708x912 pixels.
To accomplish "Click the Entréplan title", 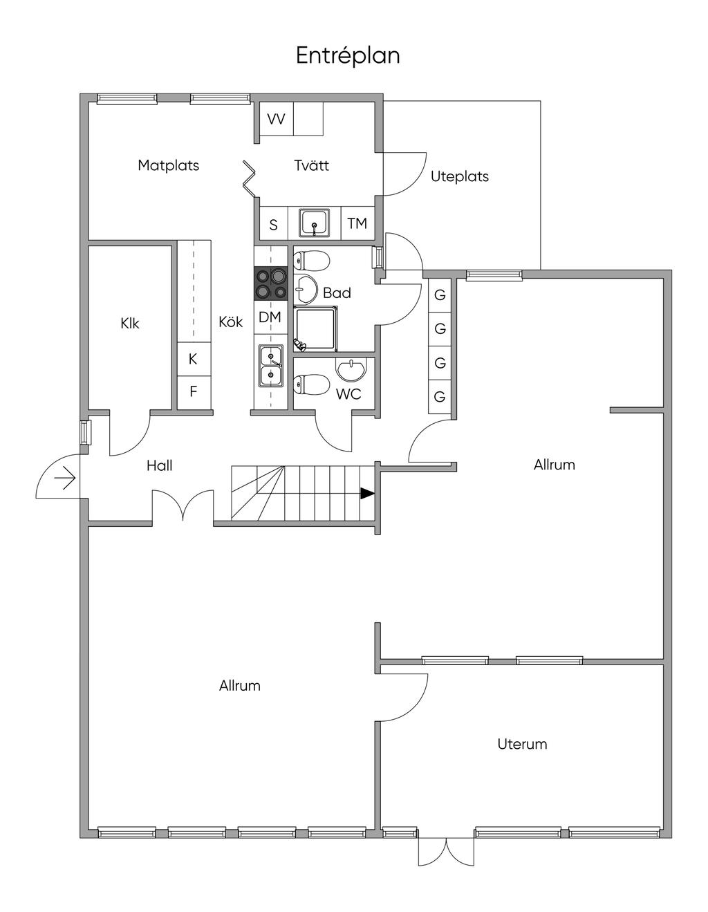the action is (348, 55).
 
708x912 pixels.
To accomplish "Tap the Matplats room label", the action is (168, 165).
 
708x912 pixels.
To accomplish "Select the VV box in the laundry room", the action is (276, 120).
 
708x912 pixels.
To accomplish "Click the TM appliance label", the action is (357, 224).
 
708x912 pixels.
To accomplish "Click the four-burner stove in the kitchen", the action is (270, 283).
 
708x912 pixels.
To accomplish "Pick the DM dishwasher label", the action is (270, 317).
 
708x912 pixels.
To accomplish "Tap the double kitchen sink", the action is (270, 364).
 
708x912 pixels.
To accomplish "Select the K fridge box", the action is (194, 359).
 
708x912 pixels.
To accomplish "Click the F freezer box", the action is (194, 391).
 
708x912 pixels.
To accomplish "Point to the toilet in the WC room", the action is (311, 385).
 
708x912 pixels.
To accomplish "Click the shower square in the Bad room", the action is (316, 327).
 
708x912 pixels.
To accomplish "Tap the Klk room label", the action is (130, 323).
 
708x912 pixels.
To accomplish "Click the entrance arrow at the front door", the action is (66, 478).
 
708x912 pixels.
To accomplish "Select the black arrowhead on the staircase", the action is (366, 494).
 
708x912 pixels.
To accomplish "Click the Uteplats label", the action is (460, 176).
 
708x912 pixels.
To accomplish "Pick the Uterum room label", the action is (522, 744).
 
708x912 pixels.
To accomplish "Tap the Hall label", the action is (159, 465).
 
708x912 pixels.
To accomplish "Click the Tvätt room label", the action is (311, 165).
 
